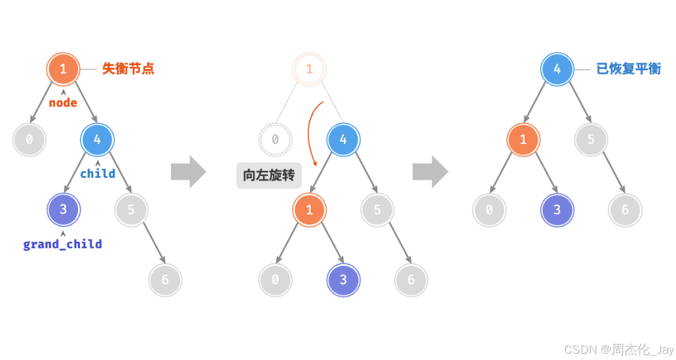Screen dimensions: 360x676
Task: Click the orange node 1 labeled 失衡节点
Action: point(63,69)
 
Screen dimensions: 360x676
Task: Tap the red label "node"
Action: point(63,103)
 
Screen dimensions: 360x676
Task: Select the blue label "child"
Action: point(98,174)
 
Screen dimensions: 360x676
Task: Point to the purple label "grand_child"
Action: point(63,244)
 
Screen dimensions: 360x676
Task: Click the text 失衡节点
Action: point(128,69)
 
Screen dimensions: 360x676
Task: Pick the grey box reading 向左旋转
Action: point(269,175)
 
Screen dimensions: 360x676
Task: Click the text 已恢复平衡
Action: point(629,69)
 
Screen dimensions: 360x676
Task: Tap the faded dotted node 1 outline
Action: point(309,69)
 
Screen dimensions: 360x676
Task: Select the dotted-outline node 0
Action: point(275,140)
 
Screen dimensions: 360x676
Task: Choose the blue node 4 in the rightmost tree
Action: point(557,69)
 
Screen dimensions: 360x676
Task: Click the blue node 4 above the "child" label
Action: point(97,140)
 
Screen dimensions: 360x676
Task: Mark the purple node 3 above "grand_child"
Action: point(63,210)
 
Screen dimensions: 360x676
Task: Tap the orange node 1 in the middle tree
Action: point(309,210)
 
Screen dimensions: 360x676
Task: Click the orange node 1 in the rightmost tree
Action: point(523,140)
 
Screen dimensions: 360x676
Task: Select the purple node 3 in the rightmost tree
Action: point(557,210)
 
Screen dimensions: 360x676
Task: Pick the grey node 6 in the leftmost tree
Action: point(165,280)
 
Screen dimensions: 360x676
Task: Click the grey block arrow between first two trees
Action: point(188,172)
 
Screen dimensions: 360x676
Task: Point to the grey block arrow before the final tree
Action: point(430,172)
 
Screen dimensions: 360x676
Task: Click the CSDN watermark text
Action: point(619,350)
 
